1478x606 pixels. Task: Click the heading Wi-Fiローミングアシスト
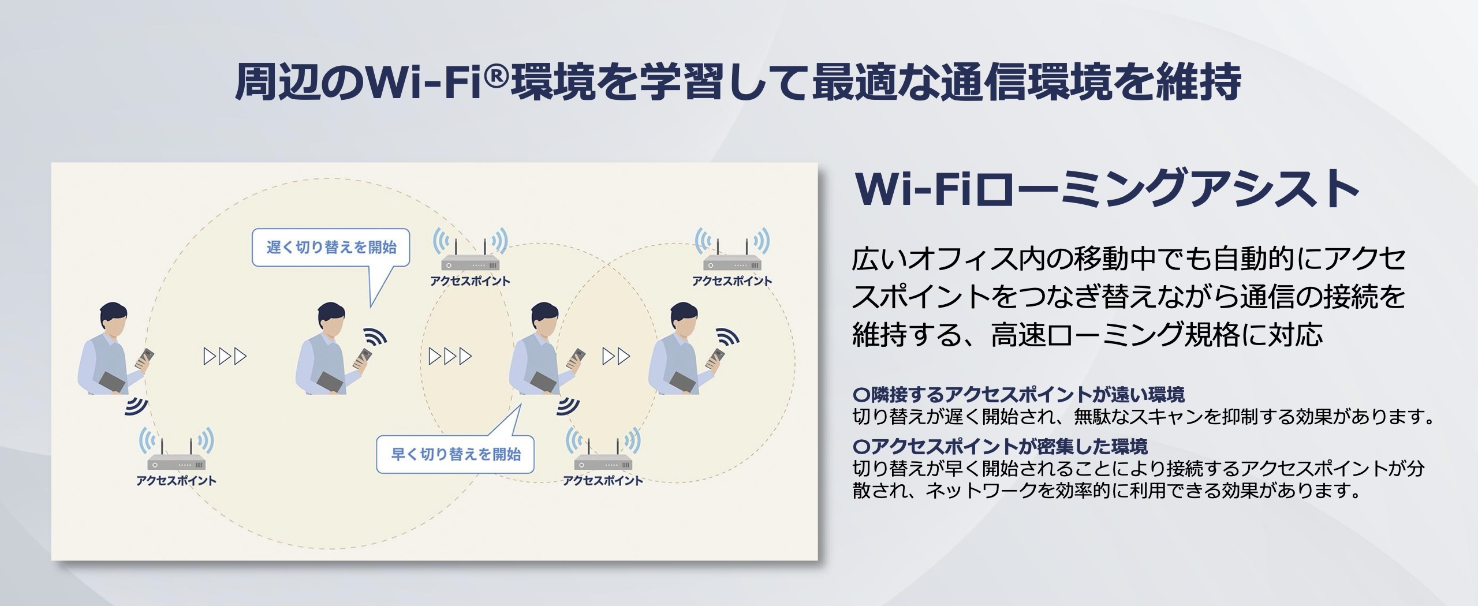(x=1107, y=190)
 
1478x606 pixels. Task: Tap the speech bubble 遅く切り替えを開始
(x=331, y=248)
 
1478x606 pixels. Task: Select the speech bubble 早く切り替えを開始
(x=455, y=454)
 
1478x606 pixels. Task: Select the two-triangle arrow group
(x=616, y=357)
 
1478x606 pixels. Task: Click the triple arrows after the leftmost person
(x=225, y=357)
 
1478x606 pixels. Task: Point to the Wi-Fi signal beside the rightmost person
(x=727, y=337)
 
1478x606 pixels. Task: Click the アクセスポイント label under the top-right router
(x=732, y=281)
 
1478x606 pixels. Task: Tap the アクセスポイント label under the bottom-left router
(x=177, y=480)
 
